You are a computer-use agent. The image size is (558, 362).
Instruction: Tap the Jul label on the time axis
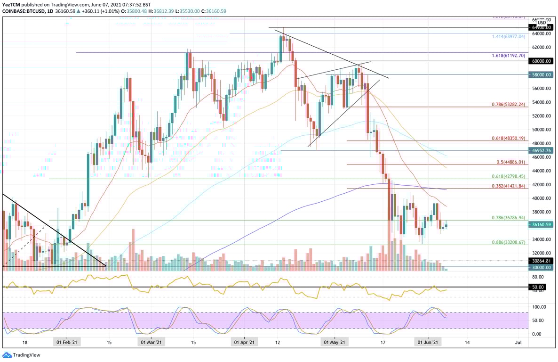[518, 343]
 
